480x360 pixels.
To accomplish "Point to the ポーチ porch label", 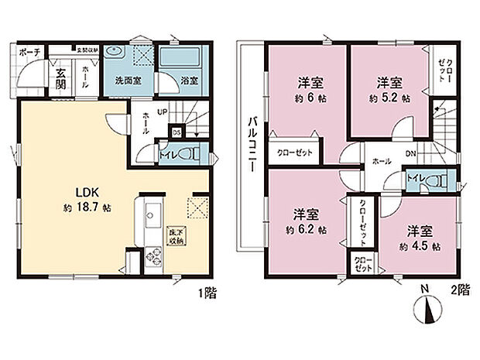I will pyautogui.click(x=29, y=53).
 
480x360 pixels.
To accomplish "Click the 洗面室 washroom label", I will pyautogui.click(x=126, y=80).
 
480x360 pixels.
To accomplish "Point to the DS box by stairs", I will pyautogui.click(x=175, y=131).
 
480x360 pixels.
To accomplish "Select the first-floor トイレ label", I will pyautogui.click(x=166, y=153).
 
